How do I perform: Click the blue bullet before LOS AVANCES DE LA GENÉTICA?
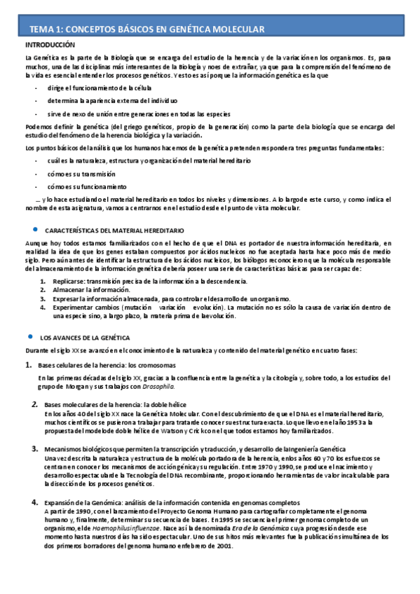[29, 336]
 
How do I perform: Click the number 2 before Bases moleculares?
[35, 405]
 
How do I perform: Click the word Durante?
[36, 350]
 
